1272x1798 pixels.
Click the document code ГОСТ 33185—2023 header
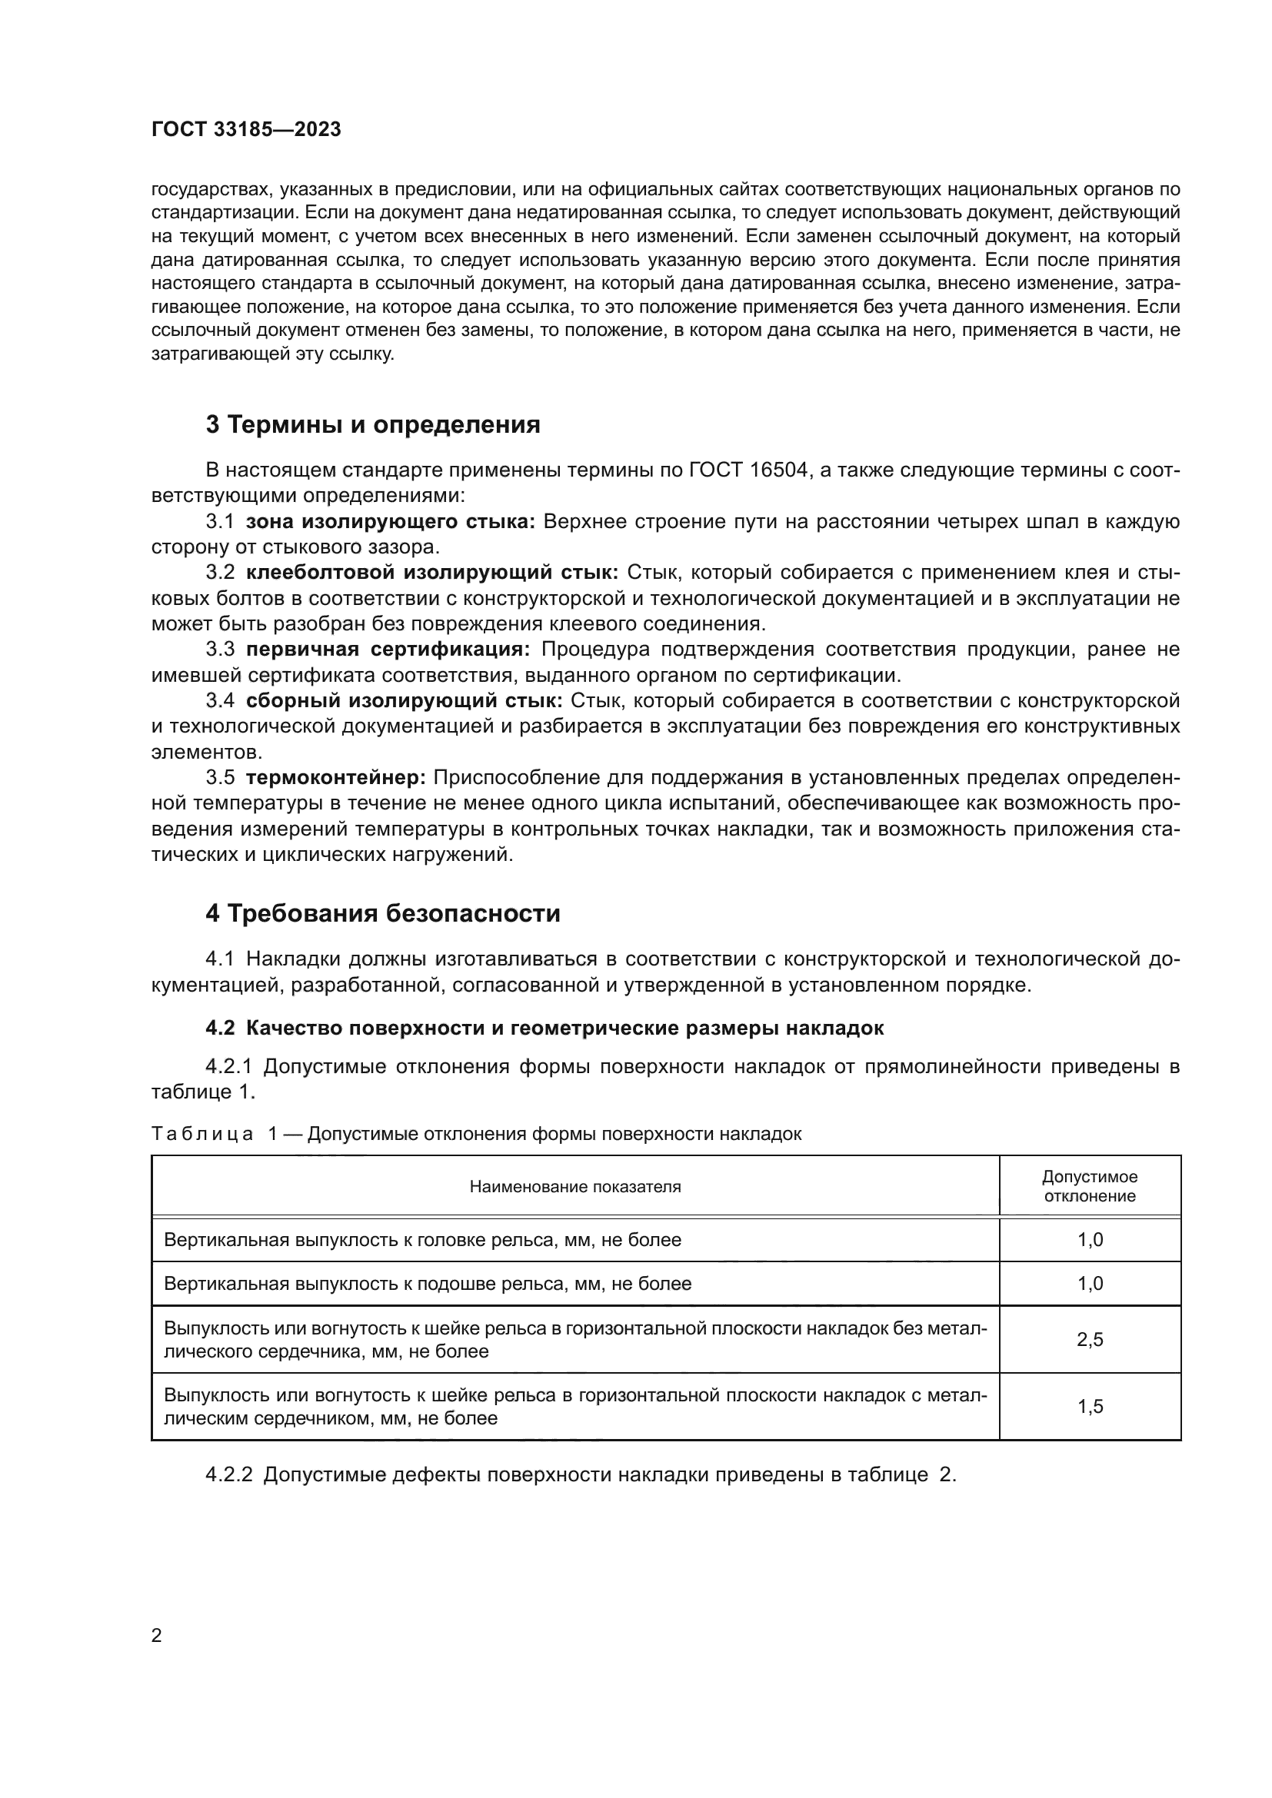pyautogui.click(x=246, y=130)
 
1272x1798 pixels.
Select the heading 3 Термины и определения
pyautogui.click(x=373, y=424)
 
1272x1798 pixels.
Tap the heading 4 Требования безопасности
pyautogui.click(x=383, y=913)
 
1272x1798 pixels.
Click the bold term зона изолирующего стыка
pyautogui.click(x=390, y=521)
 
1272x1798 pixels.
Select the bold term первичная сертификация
pyautogui.click(x=388, y=650)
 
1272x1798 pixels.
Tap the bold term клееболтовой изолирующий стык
pyautogui.click(x=432, y=573)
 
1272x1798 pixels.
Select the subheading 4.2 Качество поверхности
pyautogui.click(x=544, y=1029)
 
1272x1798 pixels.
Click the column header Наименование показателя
pyautogui.click(x=575, y=1186)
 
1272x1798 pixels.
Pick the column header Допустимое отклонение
pyautogui.click(x=1090, y=1186)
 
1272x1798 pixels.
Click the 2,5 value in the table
pyautogui.click(x=1090, y=1339)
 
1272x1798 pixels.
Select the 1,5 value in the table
pyautogui.click(x=1090, y=1407)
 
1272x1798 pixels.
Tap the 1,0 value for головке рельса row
pyautogui.click(x=1090, y=1240)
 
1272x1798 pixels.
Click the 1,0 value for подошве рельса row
pyautogui.click(x=1090, y=1284)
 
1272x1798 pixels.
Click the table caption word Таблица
pyautogui.click(x=202, y=1134)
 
